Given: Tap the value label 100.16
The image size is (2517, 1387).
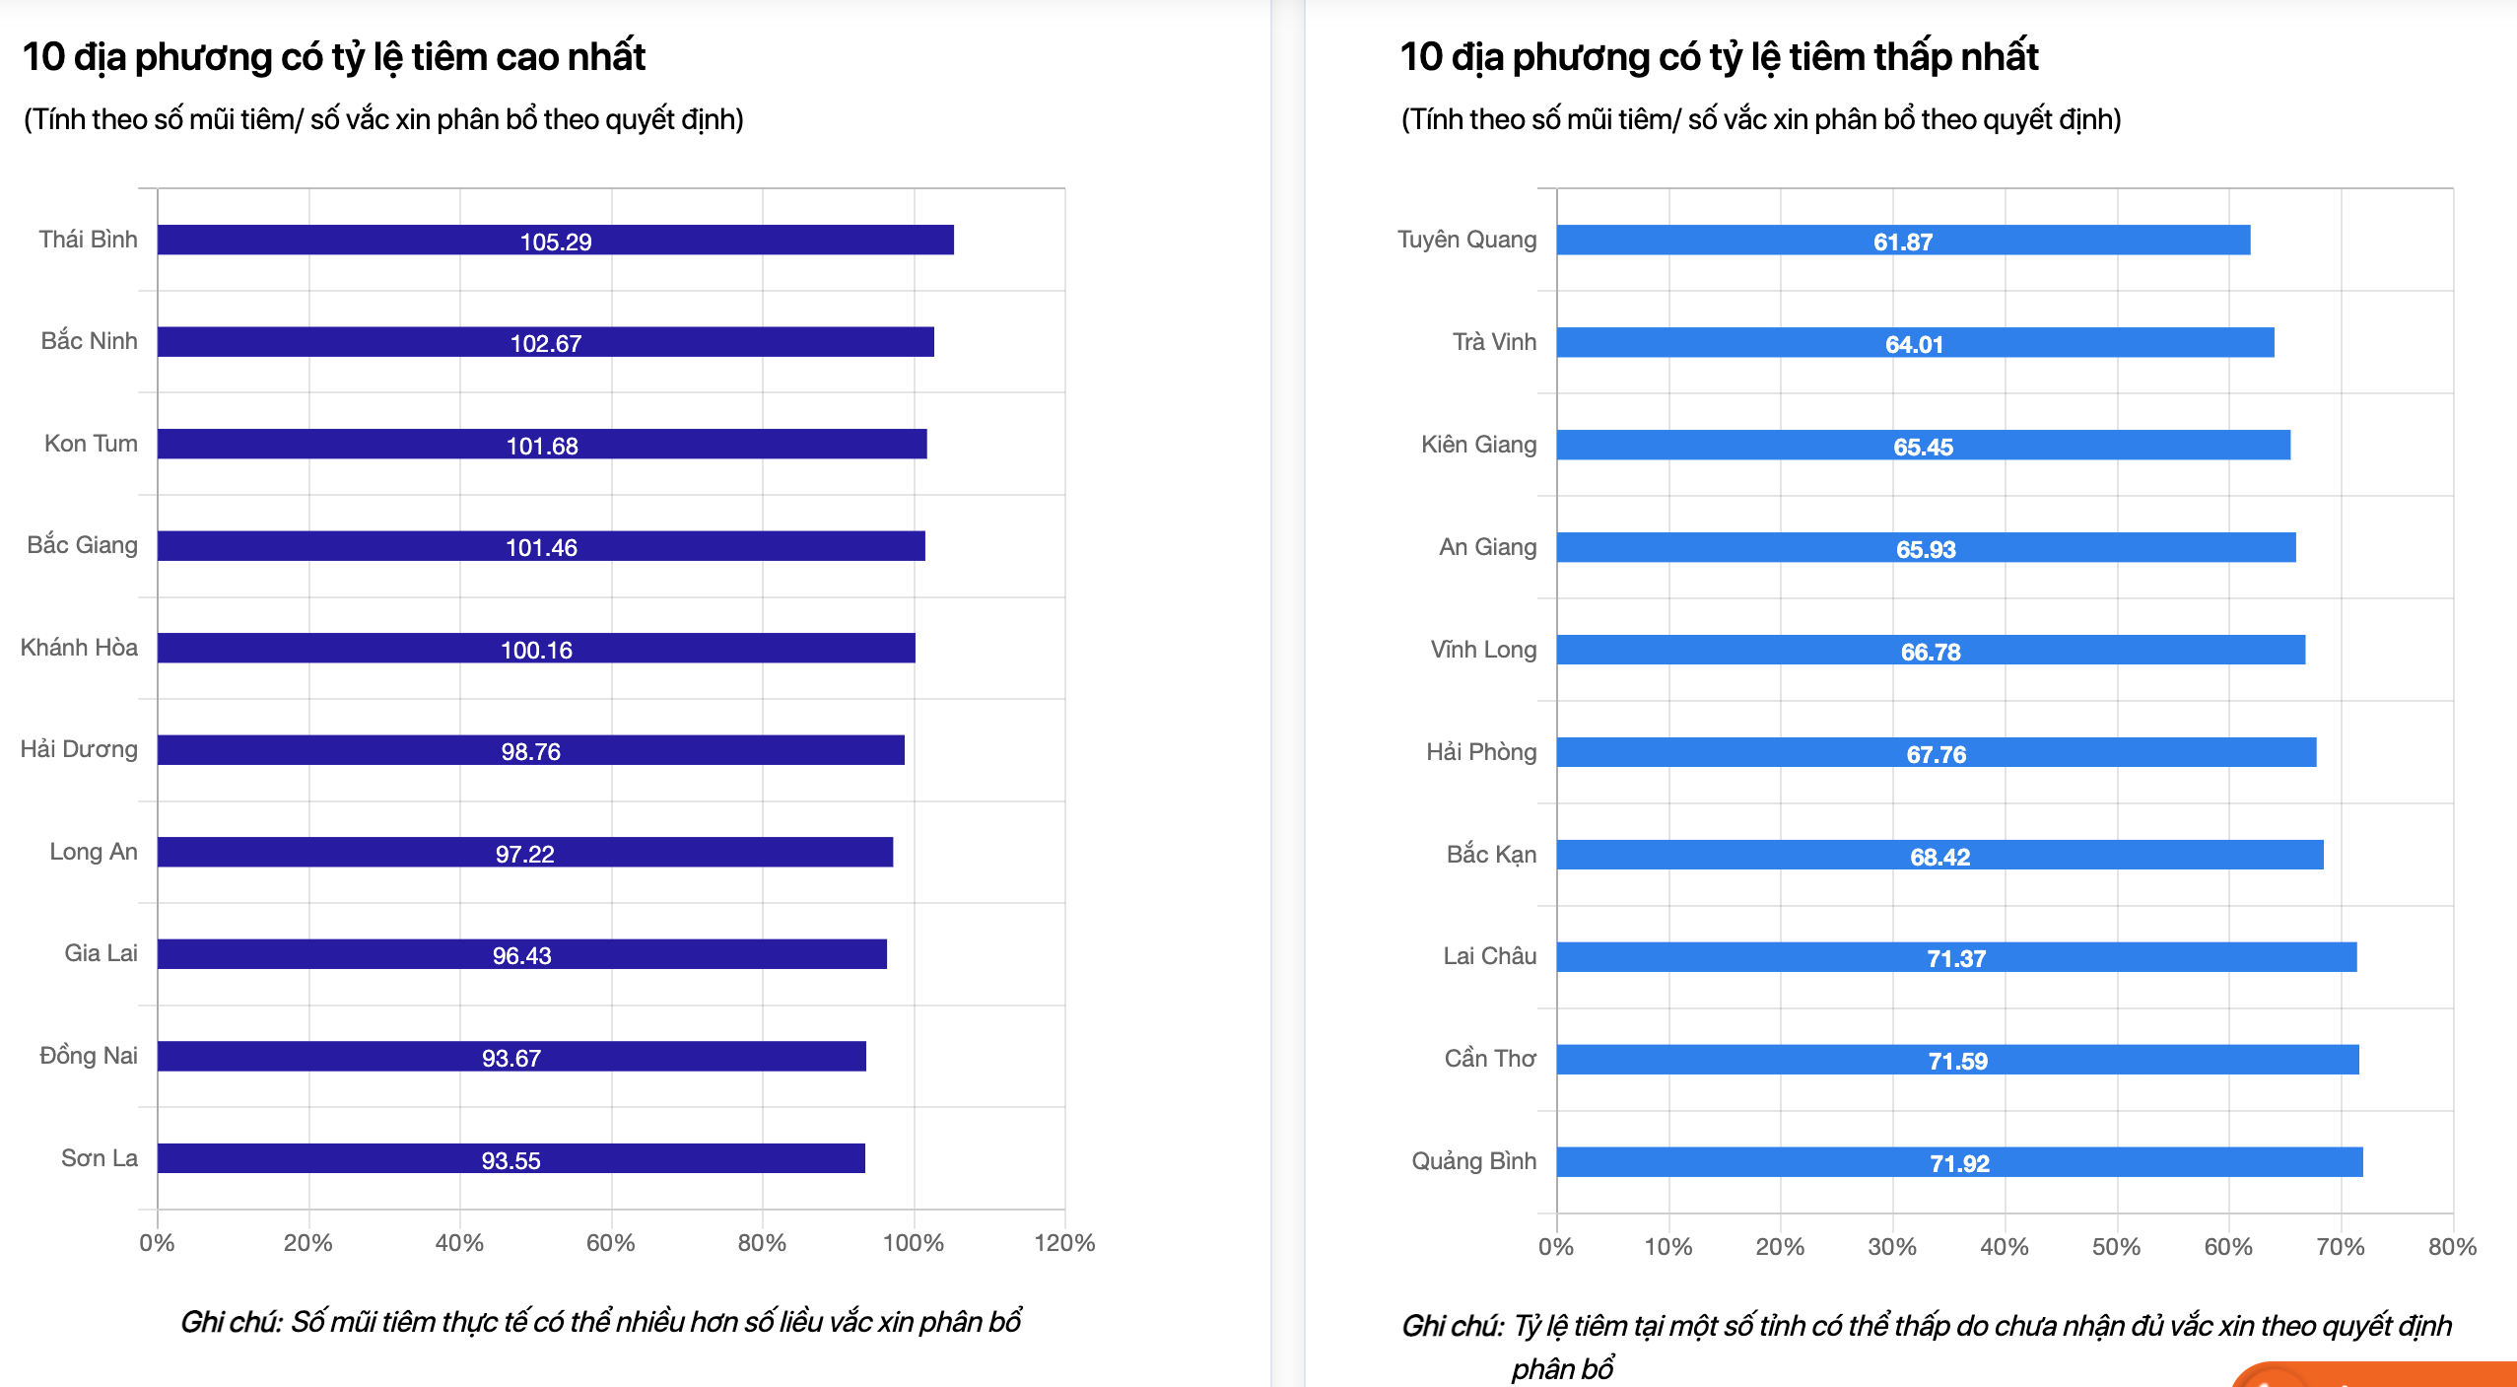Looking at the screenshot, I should pos(536,650).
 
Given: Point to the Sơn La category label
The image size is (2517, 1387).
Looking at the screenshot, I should pos(99,1157).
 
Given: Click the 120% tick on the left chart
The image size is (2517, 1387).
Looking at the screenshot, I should pos(1064,1242).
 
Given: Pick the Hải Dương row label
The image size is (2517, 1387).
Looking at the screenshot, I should pos(79,749).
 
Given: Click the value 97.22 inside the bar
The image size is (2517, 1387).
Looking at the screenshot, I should pos(524,854).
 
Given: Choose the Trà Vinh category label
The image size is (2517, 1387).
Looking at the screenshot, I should pos(1494,342).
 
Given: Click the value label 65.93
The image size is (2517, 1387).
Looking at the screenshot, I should pos(1926,549).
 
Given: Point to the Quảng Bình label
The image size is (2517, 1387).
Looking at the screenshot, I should pos(1473,1160).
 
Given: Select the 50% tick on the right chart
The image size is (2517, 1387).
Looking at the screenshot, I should pos(2116,1246).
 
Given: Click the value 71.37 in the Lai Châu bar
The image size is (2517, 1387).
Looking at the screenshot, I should pos(1956,958).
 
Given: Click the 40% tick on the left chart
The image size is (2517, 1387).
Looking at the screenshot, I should pos(459,1242).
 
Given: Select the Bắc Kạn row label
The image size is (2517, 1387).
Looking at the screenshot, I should pos(1491,854).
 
